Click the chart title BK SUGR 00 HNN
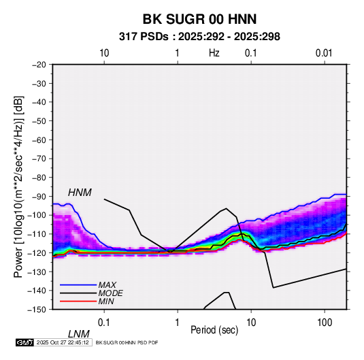(199, 19)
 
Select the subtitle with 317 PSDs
(199, 37)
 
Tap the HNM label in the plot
(80, 193)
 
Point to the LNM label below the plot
(79, 334)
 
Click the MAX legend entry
(107, 284)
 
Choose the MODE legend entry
(110, 293)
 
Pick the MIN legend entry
(106, 301)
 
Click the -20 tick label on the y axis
(39, 65)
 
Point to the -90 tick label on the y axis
(39, 196)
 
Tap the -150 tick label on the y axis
(37, 310)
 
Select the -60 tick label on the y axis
(39, 140)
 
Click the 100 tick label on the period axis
(325, 323)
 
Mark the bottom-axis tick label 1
(178, 323)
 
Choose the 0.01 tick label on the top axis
(324, 53)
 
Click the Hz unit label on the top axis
(214, 53)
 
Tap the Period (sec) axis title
(214, 330)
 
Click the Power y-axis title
(18, 186)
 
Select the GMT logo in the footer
(24, 342)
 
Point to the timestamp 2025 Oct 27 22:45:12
(63, 342)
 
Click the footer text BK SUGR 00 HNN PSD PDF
(127, 342)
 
